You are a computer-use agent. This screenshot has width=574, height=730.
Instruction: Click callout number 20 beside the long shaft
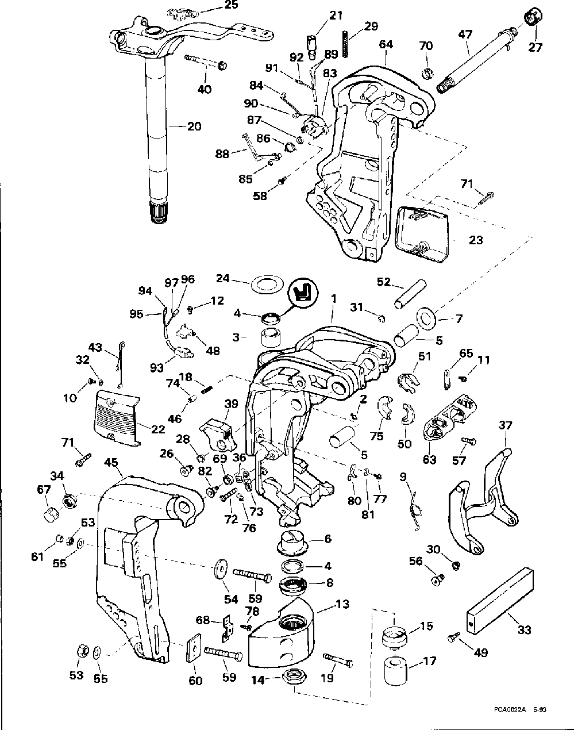[194, 126]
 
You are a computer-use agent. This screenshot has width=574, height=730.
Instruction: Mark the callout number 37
[505, 425]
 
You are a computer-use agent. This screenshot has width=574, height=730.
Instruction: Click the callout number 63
[429, 459]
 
